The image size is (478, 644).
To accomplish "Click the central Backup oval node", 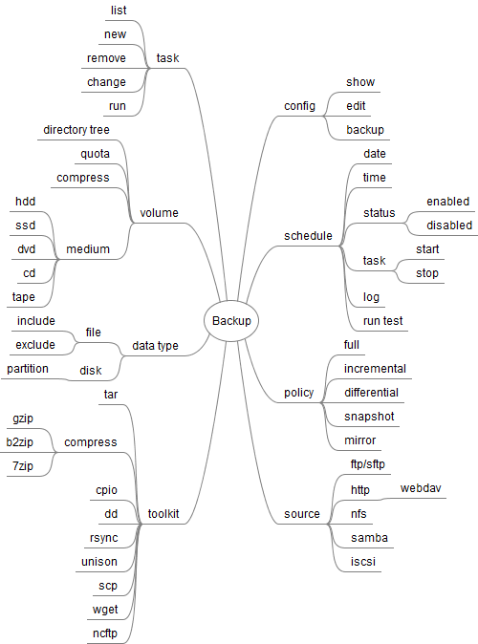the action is click(231, 321).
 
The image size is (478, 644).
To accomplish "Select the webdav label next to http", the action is click(421, 488).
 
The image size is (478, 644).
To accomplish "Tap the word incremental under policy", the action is click(375, 369).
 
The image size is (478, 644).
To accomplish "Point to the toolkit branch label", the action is click(163, 513).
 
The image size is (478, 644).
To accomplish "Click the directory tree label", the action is click(76, 130).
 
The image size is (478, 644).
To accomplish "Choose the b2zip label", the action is click(20, 442).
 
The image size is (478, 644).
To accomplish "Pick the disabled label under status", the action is click(449, 225).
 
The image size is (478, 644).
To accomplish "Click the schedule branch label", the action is click(308, 236).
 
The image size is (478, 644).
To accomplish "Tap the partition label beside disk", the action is click(28, 369).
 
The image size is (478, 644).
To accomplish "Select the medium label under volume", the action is click(88, 248).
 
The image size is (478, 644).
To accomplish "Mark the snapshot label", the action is click(369, 417).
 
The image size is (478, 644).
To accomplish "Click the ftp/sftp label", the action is click(368, 464).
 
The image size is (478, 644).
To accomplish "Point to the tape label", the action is click(24, 297).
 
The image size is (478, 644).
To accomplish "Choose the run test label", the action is click(383, 321).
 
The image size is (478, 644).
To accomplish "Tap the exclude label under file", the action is click(35, 345).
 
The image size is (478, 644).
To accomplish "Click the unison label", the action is click(99, 562).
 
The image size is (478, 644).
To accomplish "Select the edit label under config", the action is click(356, 106).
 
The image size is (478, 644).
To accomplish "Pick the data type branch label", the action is click(156, 346).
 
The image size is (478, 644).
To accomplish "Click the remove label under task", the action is click(106, 58).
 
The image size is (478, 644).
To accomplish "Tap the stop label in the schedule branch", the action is click(427, 273).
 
